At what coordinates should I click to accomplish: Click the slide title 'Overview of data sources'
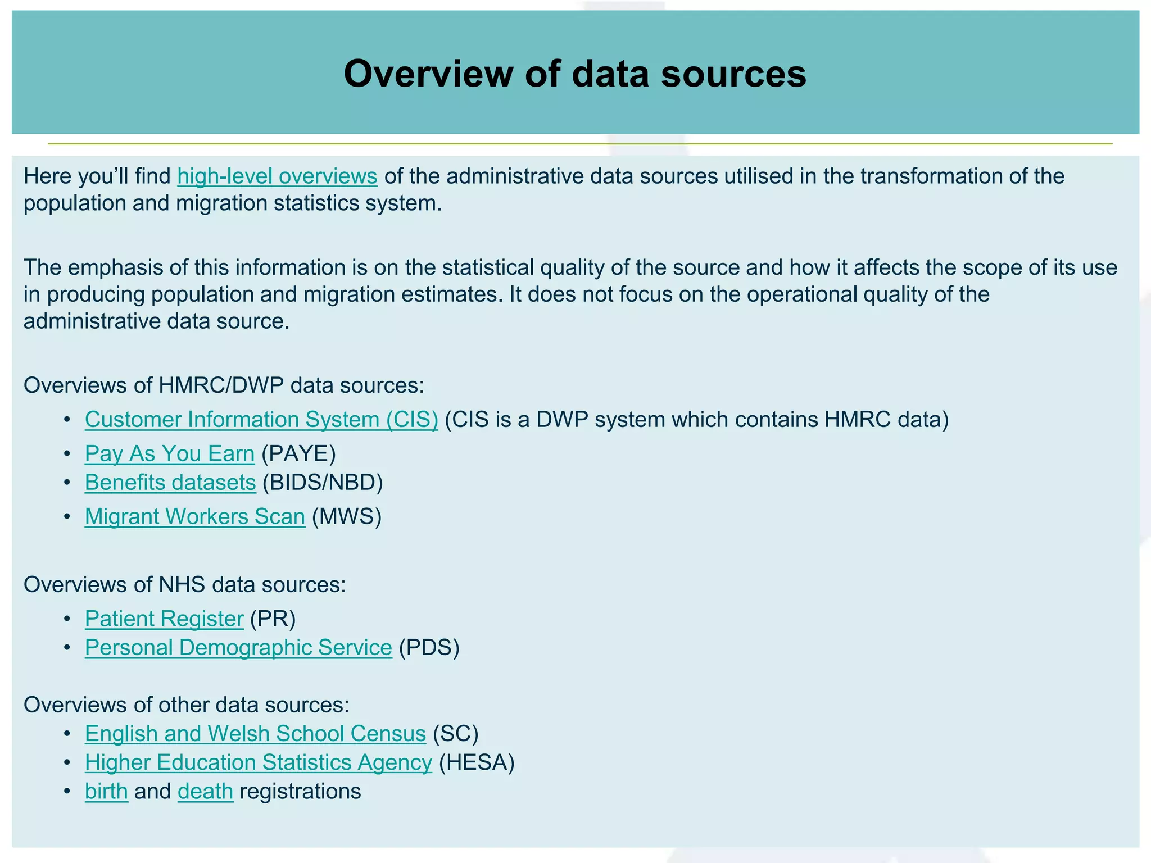click(575, 74)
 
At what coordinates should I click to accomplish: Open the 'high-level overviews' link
click(277, 176)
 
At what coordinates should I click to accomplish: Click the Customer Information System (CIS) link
click(261, 420)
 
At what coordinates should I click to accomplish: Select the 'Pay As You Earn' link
click(170, 454)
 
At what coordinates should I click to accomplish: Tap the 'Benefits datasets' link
click(170, 483)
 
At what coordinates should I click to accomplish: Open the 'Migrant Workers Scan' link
click(195, 517)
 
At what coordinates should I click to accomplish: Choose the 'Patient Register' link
click(164, 619)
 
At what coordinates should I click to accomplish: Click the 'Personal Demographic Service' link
click(238, 648)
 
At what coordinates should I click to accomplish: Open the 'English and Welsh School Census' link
click(255, 734)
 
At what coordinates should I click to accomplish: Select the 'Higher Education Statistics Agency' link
click(259, 762)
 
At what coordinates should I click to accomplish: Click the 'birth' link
click(106, 792)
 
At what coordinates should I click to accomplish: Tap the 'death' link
click(205, 792)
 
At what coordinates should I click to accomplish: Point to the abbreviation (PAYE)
click(298, 454)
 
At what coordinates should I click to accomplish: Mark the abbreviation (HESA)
click(477, 762)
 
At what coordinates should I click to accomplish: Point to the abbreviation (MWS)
click(347, 517)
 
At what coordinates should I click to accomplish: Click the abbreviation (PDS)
click(429, 648)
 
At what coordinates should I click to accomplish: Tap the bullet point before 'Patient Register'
click(67, 619)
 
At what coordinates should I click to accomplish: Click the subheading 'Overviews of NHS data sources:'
click(185, 585)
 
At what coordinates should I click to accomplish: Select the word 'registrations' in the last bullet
click(300, 792)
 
